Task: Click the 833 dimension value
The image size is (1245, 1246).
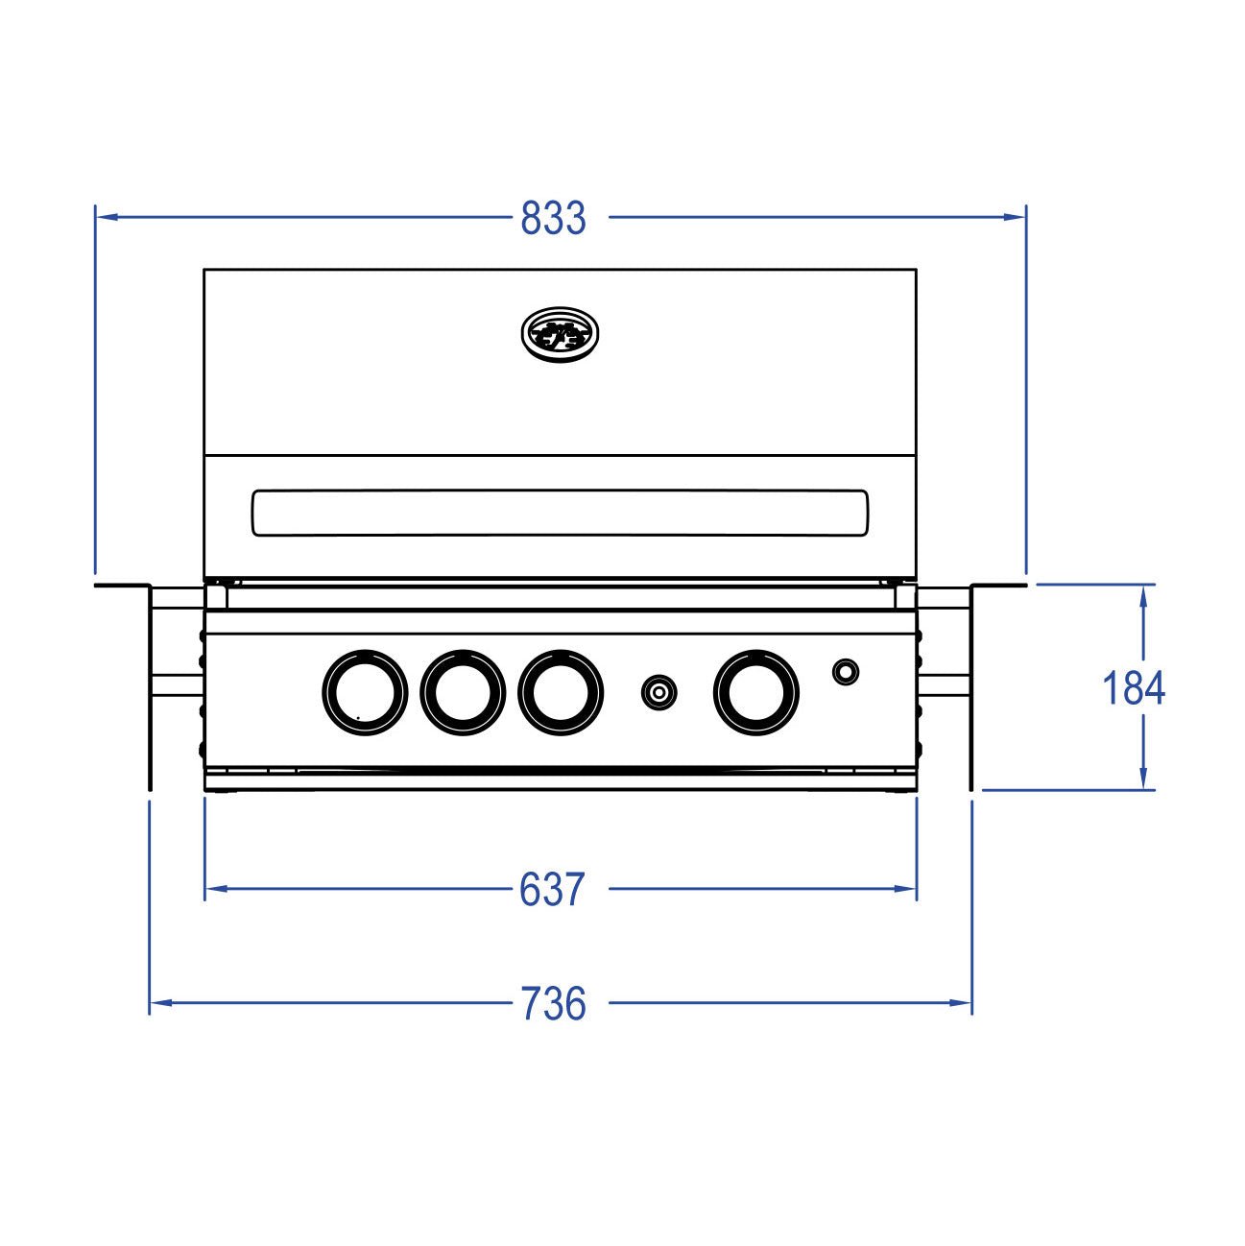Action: [553, 219]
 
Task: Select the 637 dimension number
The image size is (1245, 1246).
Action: [551, 891]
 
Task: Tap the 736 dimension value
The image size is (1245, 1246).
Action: [553, 1004]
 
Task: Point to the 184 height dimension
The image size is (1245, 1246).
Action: [1133, 689]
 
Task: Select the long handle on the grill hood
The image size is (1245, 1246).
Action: [560, 513]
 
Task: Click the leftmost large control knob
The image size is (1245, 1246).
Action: [365, 691]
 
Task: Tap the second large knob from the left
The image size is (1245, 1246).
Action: [463, 691]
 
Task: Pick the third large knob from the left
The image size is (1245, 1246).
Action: [561, 691]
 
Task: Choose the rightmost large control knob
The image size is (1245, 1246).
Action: [756, 691]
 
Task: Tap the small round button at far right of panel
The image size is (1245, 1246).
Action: [845, 671]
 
